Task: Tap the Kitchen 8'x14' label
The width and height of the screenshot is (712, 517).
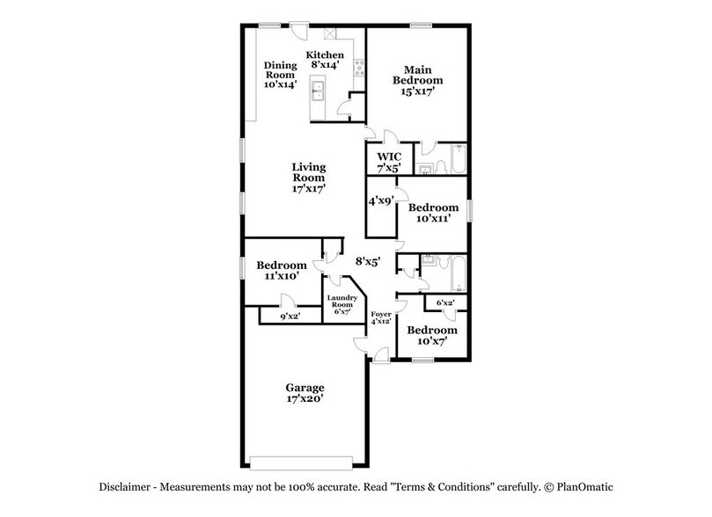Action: [325, 60]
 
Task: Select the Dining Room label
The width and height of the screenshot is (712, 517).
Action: [281, 75]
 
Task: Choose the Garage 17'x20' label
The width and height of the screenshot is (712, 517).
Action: [305, 393]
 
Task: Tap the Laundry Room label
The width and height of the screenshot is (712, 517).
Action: [341, 304]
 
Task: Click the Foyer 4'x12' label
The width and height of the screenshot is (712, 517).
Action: [380, 318]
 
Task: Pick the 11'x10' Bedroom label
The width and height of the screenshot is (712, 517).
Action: [281, 270]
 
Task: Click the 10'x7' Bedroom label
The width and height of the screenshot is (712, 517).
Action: [430, 335]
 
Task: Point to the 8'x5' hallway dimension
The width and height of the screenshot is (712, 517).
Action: [367, 261]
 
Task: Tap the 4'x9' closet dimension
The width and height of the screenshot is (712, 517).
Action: [380, 200]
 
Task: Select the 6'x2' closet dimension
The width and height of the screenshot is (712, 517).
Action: [445, 303]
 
